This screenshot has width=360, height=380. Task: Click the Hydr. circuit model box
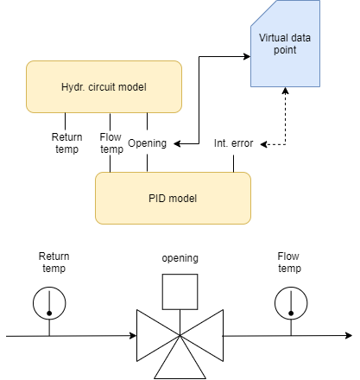(104, 86)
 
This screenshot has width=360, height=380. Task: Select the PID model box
(173, 198)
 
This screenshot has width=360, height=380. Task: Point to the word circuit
(105, 86)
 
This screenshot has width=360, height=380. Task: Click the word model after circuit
(135, 86)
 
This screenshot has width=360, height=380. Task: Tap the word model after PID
(183, 199)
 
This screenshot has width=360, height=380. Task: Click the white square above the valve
(180, 291)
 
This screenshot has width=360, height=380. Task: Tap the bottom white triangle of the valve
(180, 362)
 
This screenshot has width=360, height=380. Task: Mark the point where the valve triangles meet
(180, 335)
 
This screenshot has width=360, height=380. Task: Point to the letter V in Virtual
(262, 38)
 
